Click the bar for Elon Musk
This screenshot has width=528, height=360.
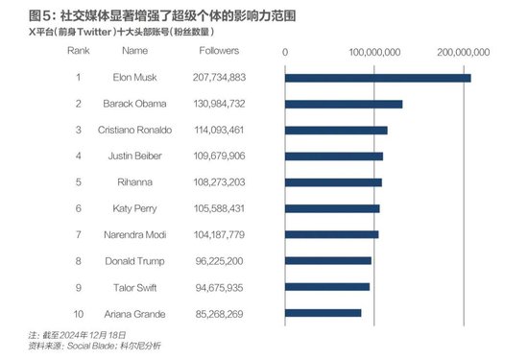coord(378,77)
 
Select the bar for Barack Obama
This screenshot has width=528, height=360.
coord(344,104)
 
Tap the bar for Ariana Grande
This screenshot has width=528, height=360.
coord(324,312)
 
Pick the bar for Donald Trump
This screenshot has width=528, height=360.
coord(328,260)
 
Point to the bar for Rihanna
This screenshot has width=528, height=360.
coord(333,181)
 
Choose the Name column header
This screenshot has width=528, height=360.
coord(135,50)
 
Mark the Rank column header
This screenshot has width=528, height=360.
coord(79,50)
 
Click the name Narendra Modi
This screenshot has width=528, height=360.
coord(136,234)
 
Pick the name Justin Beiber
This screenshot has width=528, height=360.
coord(135,156)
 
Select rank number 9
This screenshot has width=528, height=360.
coord(79,286)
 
